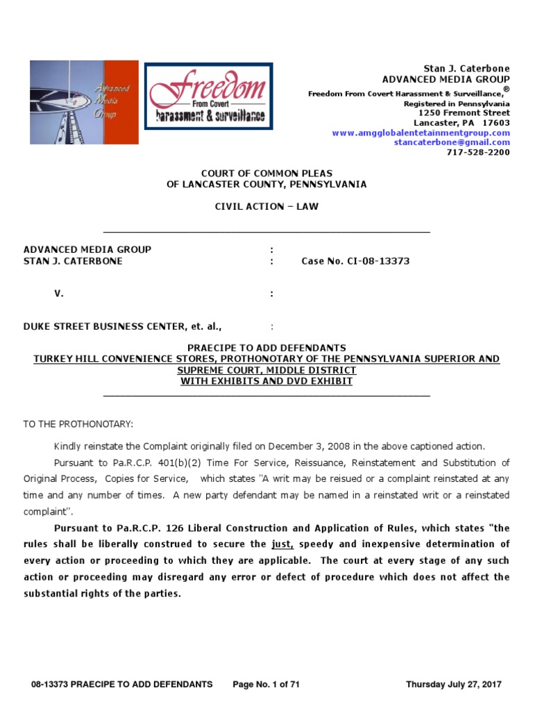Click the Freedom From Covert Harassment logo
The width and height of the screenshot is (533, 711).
click(208, 96)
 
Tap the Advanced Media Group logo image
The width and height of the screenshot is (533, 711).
click(84, 102)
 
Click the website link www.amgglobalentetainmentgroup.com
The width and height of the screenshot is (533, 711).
click(421, 133)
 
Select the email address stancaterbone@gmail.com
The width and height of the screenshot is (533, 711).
click(452, 142)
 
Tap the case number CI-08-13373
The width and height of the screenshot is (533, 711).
click(355, 261)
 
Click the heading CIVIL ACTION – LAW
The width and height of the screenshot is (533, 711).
click(266, 206)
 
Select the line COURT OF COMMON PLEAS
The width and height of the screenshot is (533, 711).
click(266, 173)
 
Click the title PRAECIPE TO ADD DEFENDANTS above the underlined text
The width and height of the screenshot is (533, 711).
click(266, 348)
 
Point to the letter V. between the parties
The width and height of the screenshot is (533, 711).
click(59, 294)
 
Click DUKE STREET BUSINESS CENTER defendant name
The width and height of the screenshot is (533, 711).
click(104, 326)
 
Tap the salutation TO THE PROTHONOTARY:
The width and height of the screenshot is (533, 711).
click(78, 424)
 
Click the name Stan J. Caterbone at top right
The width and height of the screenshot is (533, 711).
click(466, 69)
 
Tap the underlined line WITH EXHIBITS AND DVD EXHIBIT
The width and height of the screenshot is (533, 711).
click(266, 381)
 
